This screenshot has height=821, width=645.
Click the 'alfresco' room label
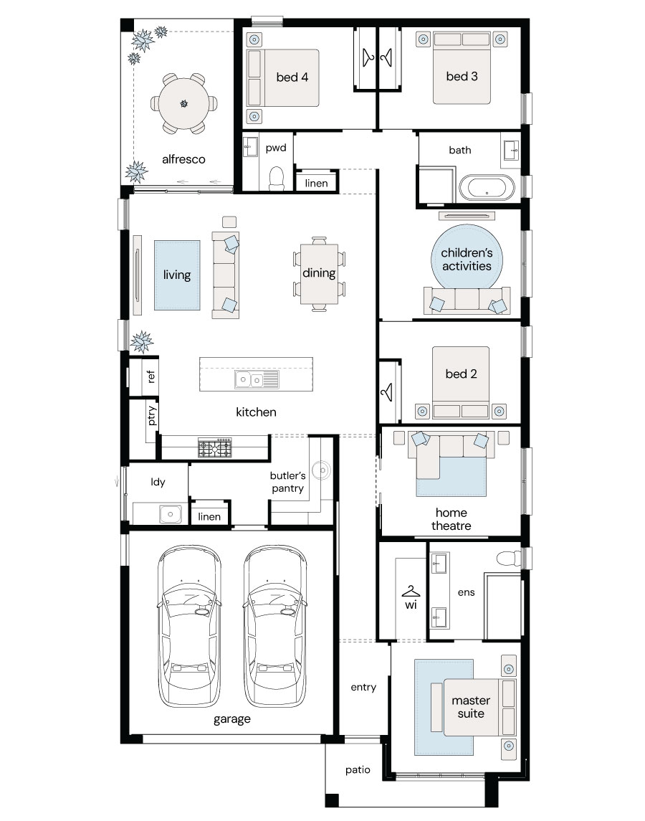pyautogui.click(x=183, y=159)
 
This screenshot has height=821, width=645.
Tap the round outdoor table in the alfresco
pyautogui.click(x=183, y=104)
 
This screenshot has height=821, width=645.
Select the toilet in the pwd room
pyautogui.click(x=276, y=178)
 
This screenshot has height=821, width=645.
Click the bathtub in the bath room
pyautogui.click(x=487, y=188)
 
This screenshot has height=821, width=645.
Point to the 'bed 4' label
pyautogui.click(x=292, y=77)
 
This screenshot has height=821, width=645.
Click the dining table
pyautogui.click(x=319, y=274)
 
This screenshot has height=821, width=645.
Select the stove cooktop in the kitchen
pyautogui.click(x=215, y=447)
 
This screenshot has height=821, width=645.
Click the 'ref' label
pyautogui.click(x=150, y=376)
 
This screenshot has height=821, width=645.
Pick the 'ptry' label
pyautogui.click(x=151, y=416)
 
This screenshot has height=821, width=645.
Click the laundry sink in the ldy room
pyautogui.click(x=170, y=514)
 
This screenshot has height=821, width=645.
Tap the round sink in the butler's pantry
pyautogui.click(x=322, y=470)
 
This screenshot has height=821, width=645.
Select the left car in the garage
pyautogui.click(x=189, y=626)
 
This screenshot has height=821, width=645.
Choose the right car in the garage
pyautogui.click(x=275, y=626)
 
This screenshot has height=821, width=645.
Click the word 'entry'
pyautogui.click(x=363, y=688)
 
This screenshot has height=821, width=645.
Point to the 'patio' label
pyautogui.click(x=358, y=769)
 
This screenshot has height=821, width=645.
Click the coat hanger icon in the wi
pyautogui.click(x=411, y=592)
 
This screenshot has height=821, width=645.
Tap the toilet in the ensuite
pyautogui.click(x=508, y=558)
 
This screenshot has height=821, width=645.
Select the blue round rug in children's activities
pyautogui.click(x=467, y=257)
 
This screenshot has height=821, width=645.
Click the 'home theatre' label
pyautogui.click(x=451, y=519)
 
